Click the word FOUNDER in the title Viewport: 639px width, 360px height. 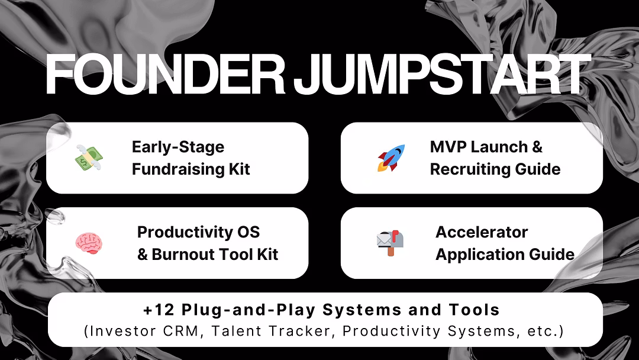point(166,74)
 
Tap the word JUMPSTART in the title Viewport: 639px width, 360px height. point(442,74)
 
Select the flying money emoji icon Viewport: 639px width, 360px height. point(89,157)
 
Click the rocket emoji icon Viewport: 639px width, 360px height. point(391,157)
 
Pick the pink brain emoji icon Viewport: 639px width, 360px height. point(89,243)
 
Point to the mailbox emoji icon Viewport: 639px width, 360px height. point(390,243)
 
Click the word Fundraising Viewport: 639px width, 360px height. point(178,169)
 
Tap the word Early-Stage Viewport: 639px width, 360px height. point(178,147)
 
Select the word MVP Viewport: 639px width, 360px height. point(447,147)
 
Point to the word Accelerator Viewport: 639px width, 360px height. point(482,232)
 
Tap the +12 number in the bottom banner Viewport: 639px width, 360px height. point(159,310)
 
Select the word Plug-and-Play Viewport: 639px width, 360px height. point(248,310)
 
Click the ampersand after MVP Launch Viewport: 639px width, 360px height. point(537,147)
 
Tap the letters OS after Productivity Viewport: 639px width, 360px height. point(248,232)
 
